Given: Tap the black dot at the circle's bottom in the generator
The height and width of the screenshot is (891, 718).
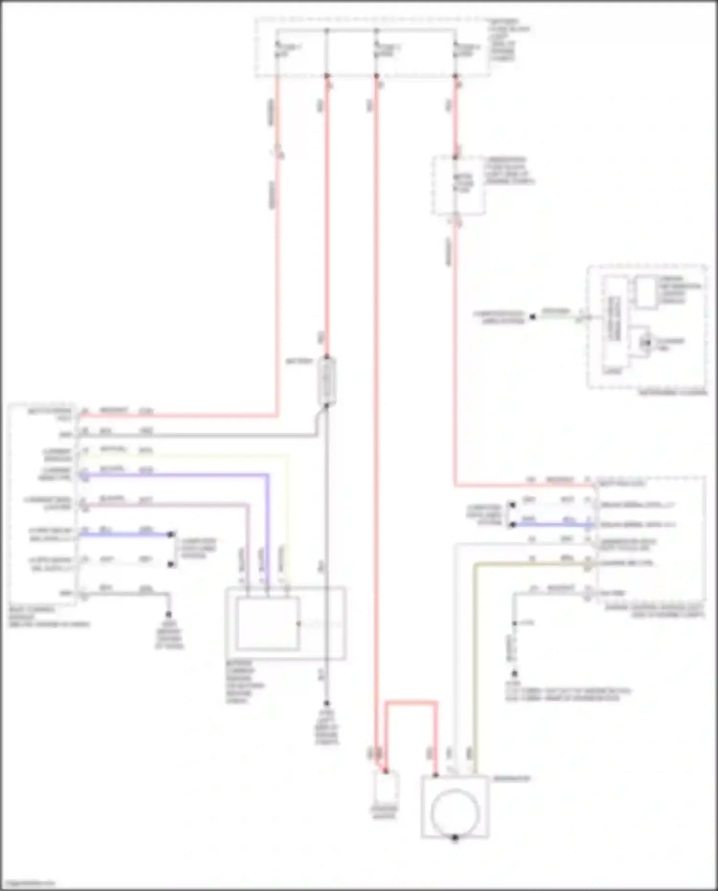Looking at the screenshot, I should [x=455, y=838].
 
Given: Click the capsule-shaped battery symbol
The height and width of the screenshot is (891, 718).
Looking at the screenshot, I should [x=327, y=381].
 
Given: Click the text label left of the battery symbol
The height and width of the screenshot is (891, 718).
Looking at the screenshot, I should [x=299, y=361].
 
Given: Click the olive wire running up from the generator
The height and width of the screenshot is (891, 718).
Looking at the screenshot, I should [x=475, y=670].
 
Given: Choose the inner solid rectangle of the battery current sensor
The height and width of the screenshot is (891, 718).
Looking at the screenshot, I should [x=268, y=623].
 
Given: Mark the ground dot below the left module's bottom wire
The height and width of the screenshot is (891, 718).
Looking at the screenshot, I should [x=168, y=614].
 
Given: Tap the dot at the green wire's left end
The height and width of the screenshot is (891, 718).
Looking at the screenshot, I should [x=532, y=316].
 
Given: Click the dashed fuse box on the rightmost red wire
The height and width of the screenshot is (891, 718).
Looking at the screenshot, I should [x=458, y=185].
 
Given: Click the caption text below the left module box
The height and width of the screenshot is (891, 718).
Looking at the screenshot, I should [x=48, y=617].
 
